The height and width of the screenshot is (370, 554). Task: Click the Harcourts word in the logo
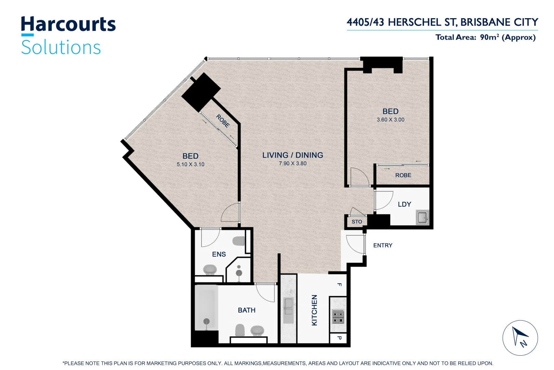tap(68, 25)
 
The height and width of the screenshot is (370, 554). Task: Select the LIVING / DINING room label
tap(292, 155)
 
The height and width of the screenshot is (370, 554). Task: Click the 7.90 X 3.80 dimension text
tap(292, 163)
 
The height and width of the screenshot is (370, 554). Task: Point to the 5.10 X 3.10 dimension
tap(190, 164)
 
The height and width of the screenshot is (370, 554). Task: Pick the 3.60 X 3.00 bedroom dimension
tap(390, 120)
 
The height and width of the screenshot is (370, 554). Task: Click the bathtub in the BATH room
tap(206, 308)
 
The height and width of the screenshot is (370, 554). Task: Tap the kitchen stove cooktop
tap(338, 317)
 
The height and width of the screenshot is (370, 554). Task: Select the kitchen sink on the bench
tap(288, 306)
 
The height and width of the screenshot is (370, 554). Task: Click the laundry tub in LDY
tap(422, 217)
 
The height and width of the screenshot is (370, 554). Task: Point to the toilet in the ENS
tap(239, 241)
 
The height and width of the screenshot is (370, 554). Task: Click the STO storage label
tap(357, 222)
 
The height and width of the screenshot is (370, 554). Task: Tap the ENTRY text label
tap(383, 245)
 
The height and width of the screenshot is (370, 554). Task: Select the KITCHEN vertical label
tap(314, 310)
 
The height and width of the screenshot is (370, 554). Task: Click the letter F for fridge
tap(339, 284)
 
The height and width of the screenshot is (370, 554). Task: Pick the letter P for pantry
tap(339, 338)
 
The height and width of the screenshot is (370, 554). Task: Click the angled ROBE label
tap(223, 121)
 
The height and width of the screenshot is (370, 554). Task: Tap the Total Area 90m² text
tap(485, 37)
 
